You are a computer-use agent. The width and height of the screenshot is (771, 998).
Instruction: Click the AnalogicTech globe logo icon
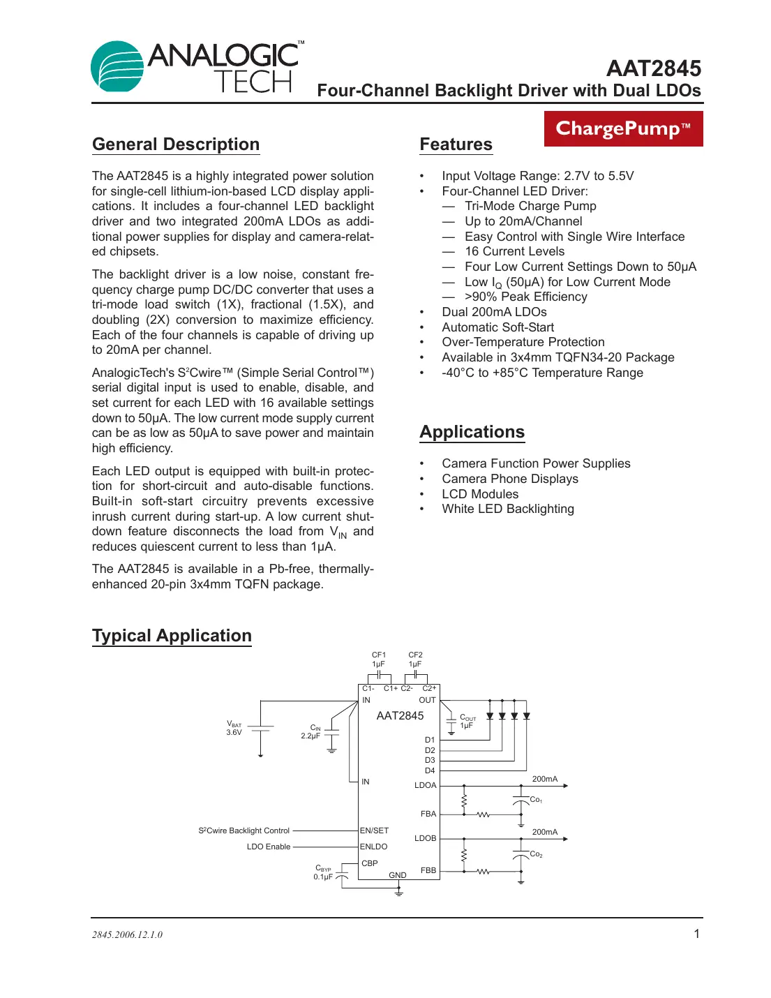pos(117,66)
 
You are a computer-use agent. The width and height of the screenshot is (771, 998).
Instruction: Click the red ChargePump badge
pos(623,129)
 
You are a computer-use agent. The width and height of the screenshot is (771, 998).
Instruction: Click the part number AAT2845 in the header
pos(653,68)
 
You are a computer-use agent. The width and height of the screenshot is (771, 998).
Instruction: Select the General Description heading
pos(176,144)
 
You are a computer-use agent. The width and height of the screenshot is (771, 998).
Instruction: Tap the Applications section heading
pos(472,432)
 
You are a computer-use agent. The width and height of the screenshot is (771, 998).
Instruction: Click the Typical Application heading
pos(172,636)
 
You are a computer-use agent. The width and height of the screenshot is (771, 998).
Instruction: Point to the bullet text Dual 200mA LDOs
pos(494,312)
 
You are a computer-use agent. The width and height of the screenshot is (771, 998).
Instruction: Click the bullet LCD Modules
pos(480,494)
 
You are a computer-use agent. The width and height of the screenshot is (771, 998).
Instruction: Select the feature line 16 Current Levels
pos(514,251)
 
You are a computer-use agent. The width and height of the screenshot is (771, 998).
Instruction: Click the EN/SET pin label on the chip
pos(374,831)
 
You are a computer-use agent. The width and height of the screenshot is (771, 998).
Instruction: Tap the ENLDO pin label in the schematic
pos(373,847)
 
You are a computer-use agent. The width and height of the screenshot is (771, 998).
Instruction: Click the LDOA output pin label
pos(425,785)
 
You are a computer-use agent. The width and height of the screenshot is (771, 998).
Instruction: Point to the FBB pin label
pos(428,870)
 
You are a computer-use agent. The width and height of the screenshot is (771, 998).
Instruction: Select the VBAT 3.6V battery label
pos(234,729)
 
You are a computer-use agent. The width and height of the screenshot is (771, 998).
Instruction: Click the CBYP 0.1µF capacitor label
pos(322,872)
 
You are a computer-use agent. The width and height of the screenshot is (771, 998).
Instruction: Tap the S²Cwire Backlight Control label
pos(244,831)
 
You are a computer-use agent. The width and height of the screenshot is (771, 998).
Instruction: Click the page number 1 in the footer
pos(696,934)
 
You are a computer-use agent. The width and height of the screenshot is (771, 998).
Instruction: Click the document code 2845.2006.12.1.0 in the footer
pos(127,934)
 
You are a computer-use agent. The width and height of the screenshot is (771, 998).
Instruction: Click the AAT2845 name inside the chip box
pos(400,716)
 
